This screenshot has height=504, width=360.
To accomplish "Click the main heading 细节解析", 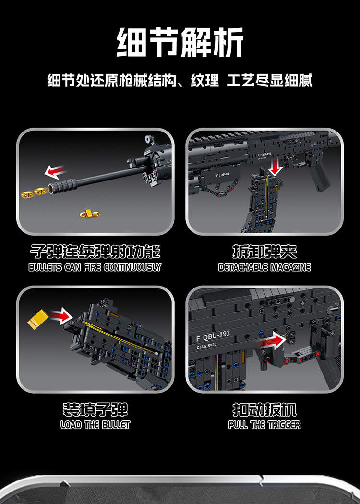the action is (x=180, y=42).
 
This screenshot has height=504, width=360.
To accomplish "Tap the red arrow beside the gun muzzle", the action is (x=55, y=172).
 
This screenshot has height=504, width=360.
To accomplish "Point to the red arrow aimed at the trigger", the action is (x=273, y=341).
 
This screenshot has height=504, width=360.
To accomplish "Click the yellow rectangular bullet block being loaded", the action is (x=38, y=319).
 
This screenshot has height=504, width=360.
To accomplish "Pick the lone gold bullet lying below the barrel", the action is (x=90, y=214).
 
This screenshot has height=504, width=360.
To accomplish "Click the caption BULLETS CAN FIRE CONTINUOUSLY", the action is (x=95, y=267).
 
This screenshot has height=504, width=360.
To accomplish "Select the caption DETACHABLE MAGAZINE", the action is (x=264, y=267).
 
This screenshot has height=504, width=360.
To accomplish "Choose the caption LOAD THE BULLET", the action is (x=95, y=425).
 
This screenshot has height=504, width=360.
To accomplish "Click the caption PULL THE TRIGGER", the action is (x=264, y=425).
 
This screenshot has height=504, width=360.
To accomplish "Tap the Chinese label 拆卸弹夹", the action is (x=264, y=252).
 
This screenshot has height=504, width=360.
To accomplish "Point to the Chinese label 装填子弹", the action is (x=95, y=409).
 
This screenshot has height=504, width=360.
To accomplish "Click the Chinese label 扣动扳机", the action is (x=264, y=409).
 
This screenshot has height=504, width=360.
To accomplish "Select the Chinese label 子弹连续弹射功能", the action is (x=95, y=252).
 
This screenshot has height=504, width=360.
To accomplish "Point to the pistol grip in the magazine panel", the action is (x=318, y=177).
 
